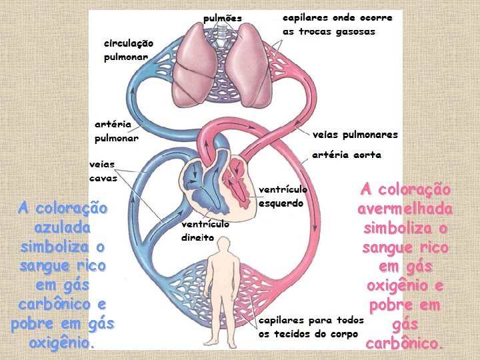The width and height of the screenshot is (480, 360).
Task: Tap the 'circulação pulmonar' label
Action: pos(129,50)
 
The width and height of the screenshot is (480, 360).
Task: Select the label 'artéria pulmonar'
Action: pos(116,131)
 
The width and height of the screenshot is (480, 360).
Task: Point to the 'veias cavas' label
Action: pos(103,171)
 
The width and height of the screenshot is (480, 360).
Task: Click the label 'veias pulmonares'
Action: pos(355,135)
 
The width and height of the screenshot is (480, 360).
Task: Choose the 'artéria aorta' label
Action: pos(347,155)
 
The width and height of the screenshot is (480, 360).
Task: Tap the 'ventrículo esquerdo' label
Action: pos(282,196)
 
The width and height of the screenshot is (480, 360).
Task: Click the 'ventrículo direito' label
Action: pos(206,231)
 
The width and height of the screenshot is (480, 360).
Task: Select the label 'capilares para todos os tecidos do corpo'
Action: pos(311,327)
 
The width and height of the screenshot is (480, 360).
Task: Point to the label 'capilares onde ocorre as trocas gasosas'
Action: pos(337,24)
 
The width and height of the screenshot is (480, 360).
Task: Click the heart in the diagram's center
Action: pos(218,179)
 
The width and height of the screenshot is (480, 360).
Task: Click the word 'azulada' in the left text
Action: pos(62,227)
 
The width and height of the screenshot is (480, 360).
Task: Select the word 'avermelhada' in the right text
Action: pos(405,209)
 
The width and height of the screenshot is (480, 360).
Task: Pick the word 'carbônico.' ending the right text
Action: pos(405,344)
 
